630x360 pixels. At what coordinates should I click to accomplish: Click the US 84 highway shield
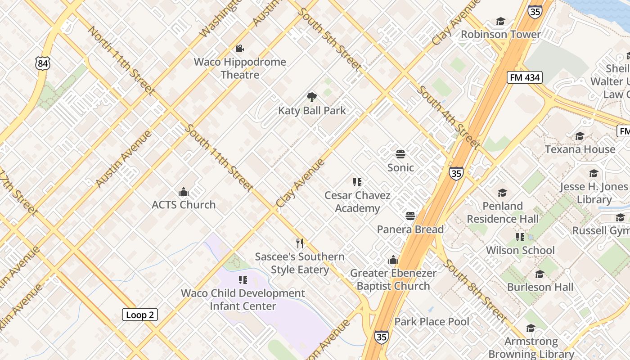(x=42, y=63)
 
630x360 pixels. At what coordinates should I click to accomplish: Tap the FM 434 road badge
(x=524, y=77)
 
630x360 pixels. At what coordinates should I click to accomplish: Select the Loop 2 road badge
(x=140, y=315)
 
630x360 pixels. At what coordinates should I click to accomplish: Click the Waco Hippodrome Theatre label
(x=240, y=68)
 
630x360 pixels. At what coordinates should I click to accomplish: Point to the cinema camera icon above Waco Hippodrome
(x=239, y=48)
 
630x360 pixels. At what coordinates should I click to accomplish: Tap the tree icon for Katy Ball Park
(x=311, y=97)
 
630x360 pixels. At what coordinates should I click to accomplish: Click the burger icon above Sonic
(x=400, y=154)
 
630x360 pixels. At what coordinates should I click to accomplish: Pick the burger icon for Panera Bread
(x=410, y=216)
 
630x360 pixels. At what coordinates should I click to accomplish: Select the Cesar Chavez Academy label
(x=357, y=202)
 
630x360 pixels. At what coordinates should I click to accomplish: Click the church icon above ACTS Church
(x=183, y=192)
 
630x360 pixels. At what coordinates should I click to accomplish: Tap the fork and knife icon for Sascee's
(x=300, y=243)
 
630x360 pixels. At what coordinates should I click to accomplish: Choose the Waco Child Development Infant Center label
(x=243, y=300)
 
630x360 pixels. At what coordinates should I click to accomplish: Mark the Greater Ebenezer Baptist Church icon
(x=393, y=260)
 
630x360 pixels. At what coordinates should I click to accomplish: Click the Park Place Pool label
(x=432, y=322)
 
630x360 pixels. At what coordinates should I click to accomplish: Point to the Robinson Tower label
(x=500, y=35)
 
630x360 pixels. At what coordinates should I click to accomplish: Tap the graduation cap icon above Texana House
(x=580, y=136)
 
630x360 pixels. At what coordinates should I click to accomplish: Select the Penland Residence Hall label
(x=502, y=212)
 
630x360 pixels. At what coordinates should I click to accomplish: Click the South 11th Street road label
(x=219, y=157)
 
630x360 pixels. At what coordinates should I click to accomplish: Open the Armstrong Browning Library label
(x=531, y=348)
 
